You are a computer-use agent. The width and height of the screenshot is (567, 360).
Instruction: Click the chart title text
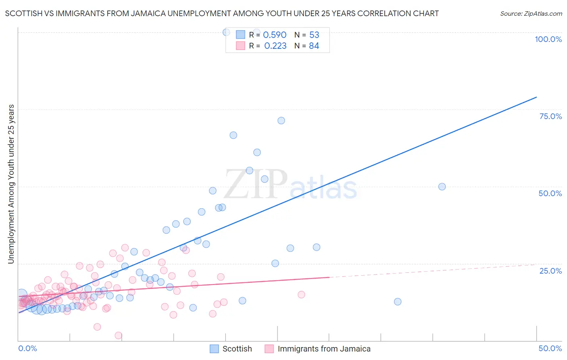coord(222,13)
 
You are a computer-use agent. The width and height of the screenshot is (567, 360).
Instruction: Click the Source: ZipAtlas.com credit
coord(531,13)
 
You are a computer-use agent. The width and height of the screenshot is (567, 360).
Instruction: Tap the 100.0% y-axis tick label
coord(548,39)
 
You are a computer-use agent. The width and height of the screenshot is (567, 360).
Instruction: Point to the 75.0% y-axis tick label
coord(550,116)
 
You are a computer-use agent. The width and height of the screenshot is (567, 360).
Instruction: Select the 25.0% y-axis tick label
coord(550,270)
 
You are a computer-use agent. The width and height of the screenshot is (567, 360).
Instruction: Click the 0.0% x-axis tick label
coord(27,348)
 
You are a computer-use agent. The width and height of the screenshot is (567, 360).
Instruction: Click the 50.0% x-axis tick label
coord(550,348)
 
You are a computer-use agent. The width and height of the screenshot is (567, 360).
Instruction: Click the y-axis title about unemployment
coord(11,184)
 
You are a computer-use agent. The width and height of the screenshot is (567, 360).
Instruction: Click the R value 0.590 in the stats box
coord(275,35)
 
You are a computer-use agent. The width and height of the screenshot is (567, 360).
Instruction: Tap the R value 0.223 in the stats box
coord(275,46)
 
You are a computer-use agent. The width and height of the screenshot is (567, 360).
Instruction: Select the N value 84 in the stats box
coord(314,46)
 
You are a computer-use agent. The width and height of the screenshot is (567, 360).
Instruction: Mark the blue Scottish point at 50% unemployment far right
coord(442,186)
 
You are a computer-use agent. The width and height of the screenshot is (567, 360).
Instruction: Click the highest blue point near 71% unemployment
coord(281,121)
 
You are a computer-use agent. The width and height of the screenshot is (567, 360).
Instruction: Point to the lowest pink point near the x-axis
coord(119,335)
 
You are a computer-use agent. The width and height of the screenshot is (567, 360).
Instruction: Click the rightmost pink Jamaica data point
coord(301,295)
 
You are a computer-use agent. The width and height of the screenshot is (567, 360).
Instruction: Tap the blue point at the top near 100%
coord(226,32)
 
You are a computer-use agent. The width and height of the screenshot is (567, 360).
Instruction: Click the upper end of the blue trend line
coord(536,97)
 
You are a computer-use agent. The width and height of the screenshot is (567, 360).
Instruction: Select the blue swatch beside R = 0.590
coord(240,35)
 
